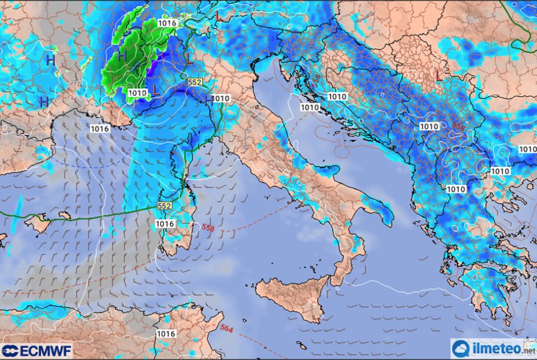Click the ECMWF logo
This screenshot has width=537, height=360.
[x=37, y=351]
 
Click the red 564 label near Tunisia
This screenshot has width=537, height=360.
[x=226, y=328]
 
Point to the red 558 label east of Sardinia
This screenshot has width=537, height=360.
[x=208, y=228]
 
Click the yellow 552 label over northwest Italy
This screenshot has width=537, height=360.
[x=194, y=81]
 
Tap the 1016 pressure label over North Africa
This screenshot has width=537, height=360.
[x=166, y=334]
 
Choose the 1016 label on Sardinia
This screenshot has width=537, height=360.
[x=166, y=224]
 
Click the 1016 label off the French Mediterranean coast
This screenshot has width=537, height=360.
[x=100, y=128]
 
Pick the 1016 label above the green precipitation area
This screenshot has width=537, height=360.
[x=167, y=23]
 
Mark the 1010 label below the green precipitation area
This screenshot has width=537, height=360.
[x=137, y=92]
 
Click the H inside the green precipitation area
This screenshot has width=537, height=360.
[x=122, y=56]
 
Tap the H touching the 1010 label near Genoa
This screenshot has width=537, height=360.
[x=209, y=100]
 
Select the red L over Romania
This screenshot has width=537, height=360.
[x=440, y=74]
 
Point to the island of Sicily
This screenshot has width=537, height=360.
[x=293, y=294]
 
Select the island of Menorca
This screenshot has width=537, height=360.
[x=64, y=214]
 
